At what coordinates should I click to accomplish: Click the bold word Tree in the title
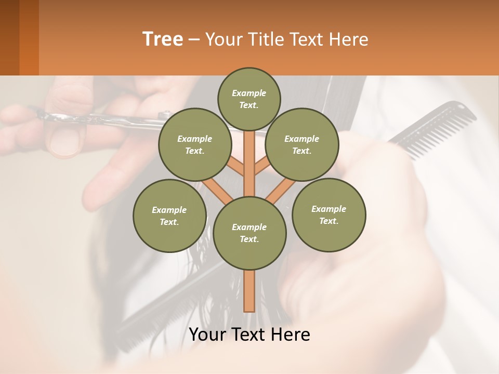163,39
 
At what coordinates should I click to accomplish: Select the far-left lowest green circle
169,216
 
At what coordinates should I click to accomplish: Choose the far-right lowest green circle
329,215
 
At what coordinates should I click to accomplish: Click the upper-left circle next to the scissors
194,144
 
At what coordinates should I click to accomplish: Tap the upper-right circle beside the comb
301,144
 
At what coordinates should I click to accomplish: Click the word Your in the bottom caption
208,335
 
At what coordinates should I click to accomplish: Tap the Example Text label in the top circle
249,99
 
